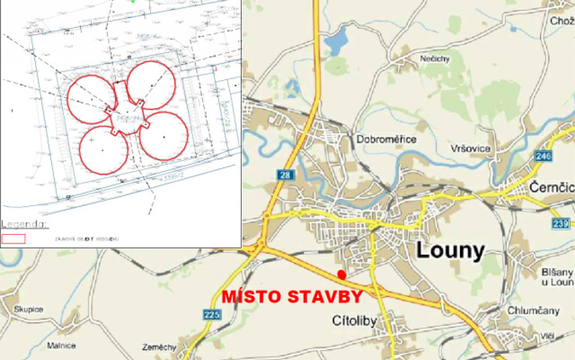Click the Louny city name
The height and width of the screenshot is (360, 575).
click(451, 250)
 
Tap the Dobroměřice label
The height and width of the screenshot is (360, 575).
click(386, 139)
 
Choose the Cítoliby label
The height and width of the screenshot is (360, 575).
click(354, 319)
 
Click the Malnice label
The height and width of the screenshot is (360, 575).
click(61, 344)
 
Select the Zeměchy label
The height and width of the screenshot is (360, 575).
click(160, 346)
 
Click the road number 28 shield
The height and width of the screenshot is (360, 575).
click(284, 176)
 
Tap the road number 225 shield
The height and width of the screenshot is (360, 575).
click(211, 314)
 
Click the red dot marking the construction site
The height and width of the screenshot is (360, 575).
click(342, 275)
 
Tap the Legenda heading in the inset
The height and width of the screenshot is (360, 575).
click(24, 224)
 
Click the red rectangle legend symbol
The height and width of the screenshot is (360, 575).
click(14, 239)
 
